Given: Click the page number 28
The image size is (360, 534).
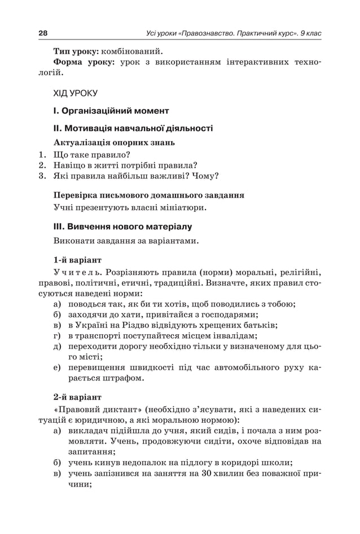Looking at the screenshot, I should pos(43,33).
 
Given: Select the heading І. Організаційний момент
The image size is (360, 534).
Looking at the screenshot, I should pos(111,110).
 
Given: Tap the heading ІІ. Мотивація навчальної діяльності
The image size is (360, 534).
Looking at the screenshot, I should pos(133,128).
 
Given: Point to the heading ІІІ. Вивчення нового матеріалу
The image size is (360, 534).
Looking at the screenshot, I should pos(122,226).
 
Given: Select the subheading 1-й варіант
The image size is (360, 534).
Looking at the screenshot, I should pos(77,260).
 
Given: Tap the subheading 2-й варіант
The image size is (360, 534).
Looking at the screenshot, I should pos(77,397).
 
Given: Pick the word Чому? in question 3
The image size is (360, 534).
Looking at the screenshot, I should pos(205,176).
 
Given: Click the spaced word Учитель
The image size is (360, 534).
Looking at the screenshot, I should pos(77,272).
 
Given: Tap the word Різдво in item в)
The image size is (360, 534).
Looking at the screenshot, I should pos(147,325).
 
